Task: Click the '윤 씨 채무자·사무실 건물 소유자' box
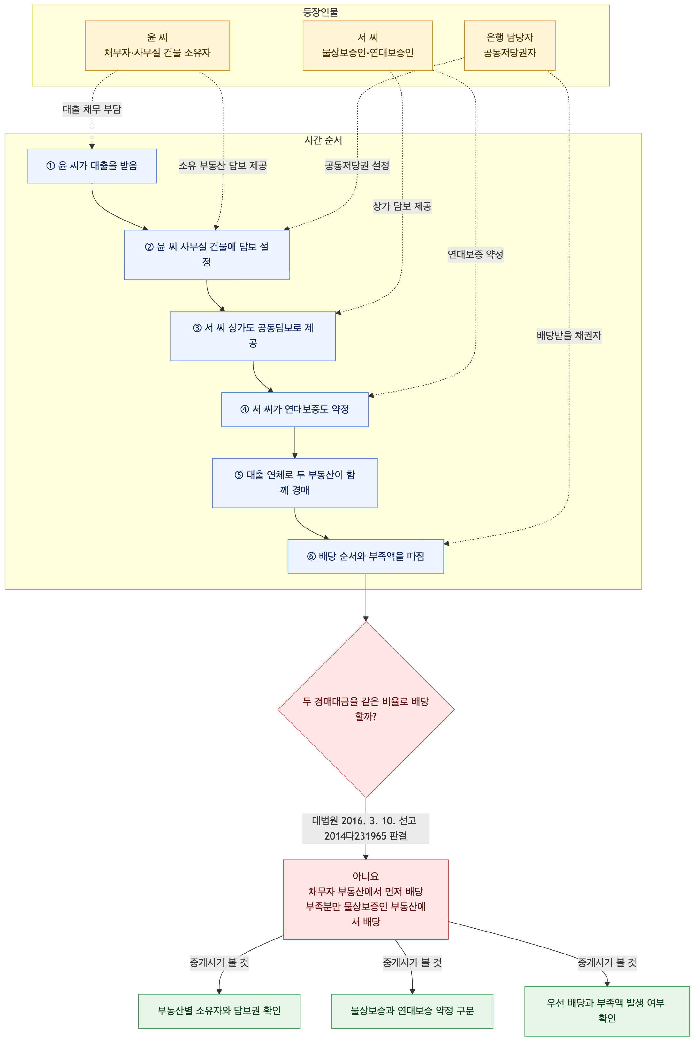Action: (x=157, y=46)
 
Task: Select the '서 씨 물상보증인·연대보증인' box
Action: (x=368, y=46)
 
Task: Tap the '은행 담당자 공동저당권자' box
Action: (x=510, y=46)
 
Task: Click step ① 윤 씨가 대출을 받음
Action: (x=92, y=166)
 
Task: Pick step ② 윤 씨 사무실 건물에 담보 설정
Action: (x=207, y=255)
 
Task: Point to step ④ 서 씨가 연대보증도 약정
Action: (x=295, y=409)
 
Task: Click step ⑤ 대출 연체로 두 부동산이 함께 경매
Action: (x=295, y=483)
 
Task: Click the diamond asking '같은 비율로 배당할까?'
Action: (x=366, y=709)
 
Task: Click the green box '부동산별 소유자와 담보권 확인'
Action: (x=219, y=1011)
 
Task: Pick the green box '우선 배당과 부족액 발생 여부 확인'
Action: (x=607, y=1011)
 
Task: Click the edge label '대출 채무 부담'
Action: (x=92, y=109)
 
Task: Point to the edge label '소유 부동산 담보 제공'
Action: (x=223, y=166)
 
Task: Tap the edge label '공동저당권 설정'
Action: (x=357, y=166)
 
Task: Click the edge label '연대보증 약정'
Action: (x=476, y=255)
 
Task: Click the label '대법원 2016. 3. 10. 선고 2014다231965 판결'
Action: (x=366, y=828)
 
